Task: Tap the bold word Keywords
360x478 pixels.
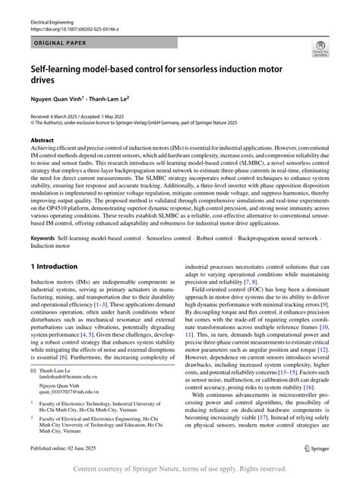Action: tap(42, 239)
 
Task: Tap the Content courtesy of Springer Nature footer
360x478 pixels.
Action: tap(180, 469)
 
